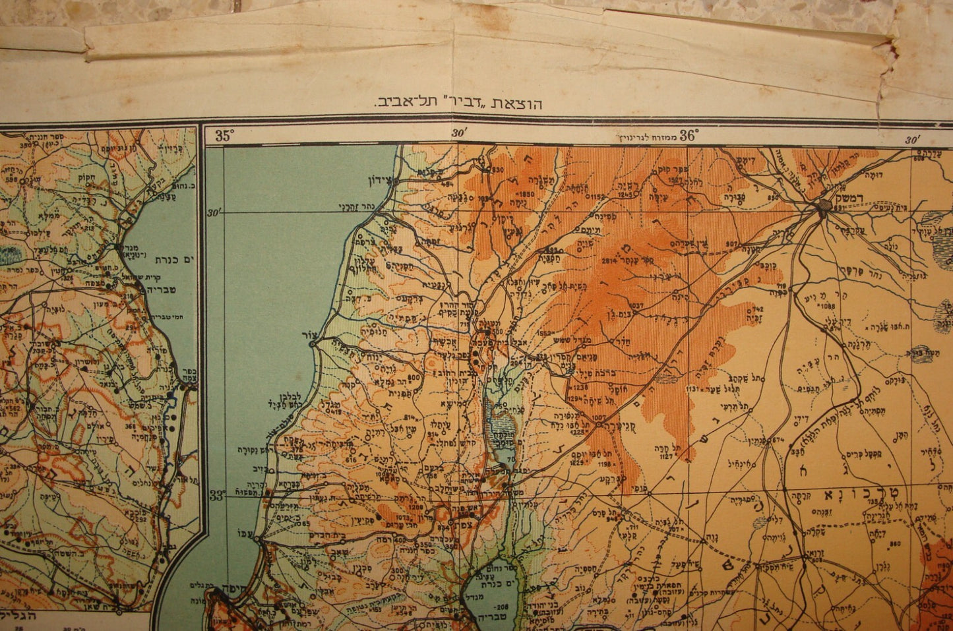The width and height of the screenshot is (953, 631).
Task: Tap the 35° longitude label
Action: (225, 136)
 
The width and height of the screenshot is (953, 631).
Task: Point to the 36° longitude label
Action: (689, 135)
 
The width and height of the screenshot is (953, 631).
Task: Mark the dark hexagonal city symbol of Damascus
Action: (824, 208)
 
